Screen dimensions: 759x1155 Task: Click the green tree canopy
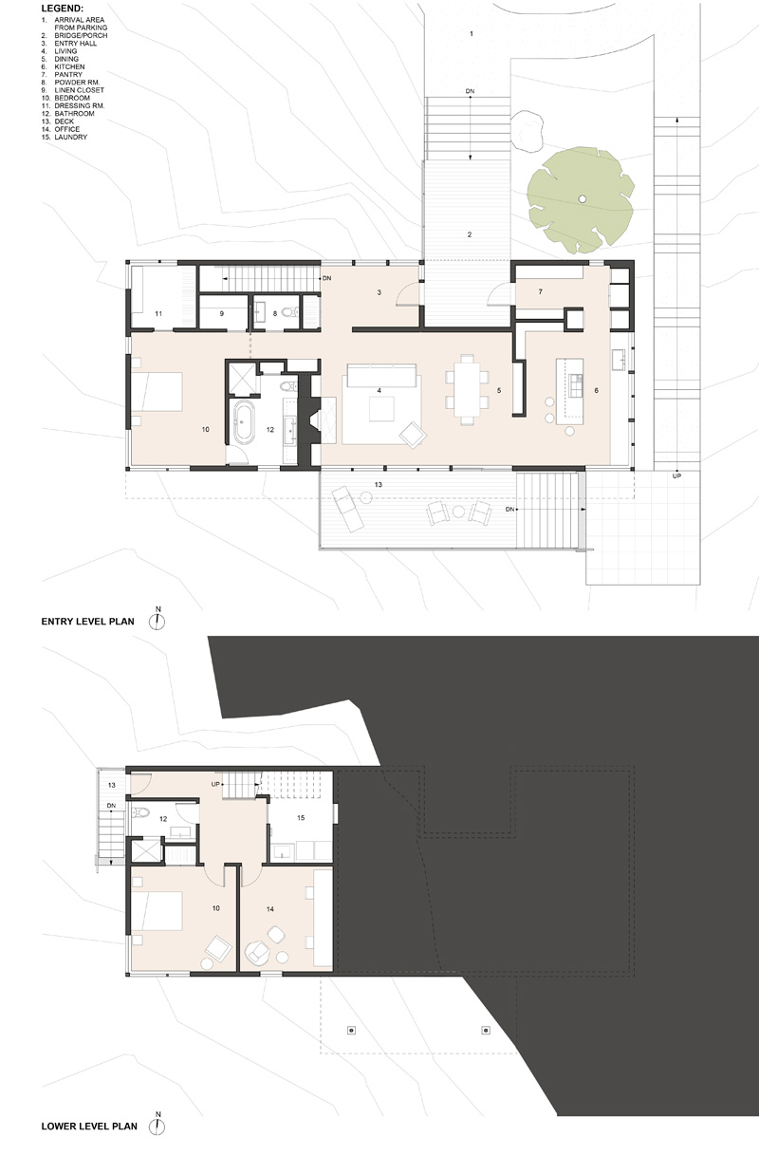tap(581, 199)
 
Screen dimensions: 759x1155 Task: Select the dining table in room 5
tap(467, 389)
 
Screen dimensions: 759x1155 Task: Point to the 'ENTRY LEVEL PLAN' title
tap(87, 622)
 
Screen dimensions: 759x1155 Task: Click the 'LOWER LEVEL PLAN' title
tap(89, 1127)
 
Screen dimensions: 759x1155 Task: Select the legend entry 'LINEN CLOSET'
tap(80, 90)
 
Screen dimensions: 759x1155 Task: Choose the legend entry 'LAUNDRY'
tap(70, 138)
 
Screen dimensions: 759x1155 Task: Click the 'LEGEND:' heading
tap(62, 9)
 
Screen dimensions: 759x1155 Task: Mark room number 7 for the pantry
tap(541, 292)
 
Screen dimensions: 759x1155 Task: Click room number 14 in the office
tap(270, 909)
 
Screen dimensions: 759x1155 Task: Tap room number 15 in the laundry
tap(301, 817)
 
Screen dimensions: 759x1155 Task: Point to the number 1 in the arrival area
tap(472, 34)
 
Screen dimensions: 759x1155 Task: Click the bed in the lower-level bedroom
tap(157, 911)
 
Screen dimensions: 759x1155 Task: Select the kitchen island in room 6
tap(570, 391)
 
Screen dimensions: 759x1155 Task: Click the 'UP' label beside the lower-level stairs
tap(215, 784)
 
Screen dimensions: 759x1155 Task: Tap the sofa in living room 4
tap(381, 375)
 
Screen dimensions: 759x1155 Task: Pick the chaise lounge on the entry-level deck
tap(347, 509)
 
